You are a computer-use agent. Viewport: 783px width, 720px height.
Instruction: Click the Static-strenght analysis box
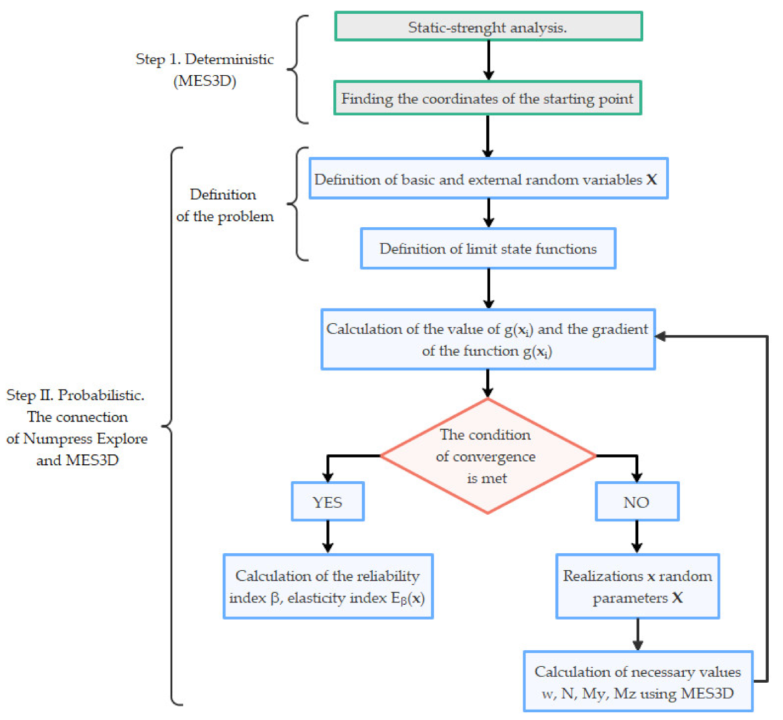pyautogui.click(x=488, y=26)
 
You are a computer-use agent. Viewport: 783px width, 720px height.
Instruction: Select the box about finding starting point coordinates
pyautogui.click(x=487, y=98)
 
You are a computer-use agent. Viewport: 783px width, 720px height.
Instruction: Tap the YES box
pyautogui.click(x=327, y=502)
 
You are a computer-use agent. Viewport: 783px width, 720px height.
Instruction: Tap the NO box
pyautogui.click(x=637, y=502)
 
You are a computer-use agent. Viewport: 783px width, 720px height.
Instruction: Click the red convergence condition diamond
pyautogui.click(x=487, y=456)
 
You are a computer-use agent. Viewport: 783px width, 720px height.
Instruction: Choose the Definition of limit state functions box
pyautogui.click(x=487, y=249)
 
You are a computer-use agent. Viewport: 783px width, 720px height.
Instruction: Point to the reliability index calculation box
pyautogui.click(x=328, y=586)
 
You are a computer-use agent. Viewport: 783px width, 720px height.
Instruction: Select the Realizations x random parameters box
pyautogui.click(x=637, y=586)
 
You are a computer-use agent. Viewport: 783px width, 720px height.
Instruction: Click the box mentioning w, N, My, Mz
pyautogui.click(x=638, y=682)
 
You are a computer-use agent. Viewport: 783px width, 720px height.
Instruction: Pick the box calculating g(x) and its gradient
pyautogui.click(x=487, y=339)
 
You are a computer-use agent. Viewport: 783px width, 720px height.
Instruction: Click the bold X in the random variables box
pyautogui.click(x=651, y=179)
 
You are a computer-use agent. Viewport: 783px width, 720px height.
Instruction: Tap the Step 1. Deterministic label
pyautogui.click(x=205, y=59)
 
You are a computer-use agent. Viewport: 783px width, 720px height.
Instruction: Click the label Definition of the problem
pyautogui.click(x=224, y=205)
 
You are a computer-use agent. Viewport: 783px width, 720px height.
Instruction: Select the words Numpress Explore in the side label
pyautogui.click(x=85, y=438)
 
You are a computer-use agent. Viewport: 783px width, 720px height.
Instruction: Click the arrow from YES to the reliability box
pyautogui.click(x=328, y=536)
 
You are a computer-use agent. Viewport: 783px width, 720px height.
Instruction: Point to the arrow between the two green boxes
pyautogui.click(x=489, y=60)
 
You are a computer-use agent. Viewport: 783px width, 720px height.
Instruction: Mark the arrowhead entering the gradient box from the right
pyautogui.click(x=661, y=336)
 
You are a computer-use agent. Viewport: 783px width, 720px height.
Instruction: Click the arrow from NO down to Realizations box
pyautogui.click(x=637, y=536)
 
